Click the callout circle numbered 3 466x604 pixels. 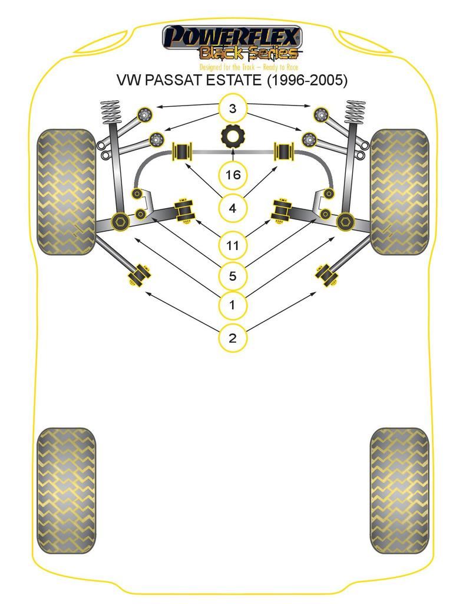click(x=233, y=109)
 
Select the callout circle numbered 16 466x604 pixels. click(x=233, y=175)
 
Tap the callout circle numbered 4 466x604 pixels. click(x=233, y=208)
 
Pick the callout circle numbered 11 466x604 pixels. click(x=233, y=245)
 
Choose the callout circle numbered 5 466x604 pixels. click(x=233, y=276)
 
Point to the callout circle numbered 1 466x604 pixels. click(x=233, y=305)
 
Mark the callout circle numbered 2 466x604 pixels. click(x=233, y=338)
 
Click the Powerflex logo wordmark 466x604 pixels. click(x=232, y=37)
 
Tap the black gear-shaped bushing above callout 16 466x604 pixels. click(x=233, y=136)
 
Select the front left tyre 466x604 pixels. click(x=66, y=192)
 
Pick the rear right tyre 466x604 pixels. click(x=399, y=490)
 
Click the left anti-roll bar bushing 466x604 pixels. click(x=182, y=152)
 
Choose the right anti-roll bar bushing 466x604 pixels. click(x=283, y=152)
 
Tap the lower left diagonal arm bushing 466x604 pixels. click(x=139, y=276)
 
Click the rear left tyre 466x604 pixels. click(x=66, y=490)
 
